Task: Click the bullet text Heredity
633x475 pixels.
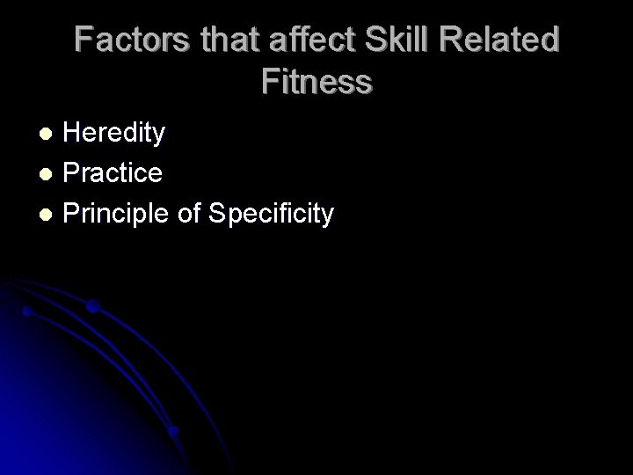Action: (114, 134)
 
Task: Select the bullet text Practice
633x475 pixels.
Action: (113, 173)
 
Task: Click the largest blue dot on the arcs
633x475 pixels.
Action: (92, 307)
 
